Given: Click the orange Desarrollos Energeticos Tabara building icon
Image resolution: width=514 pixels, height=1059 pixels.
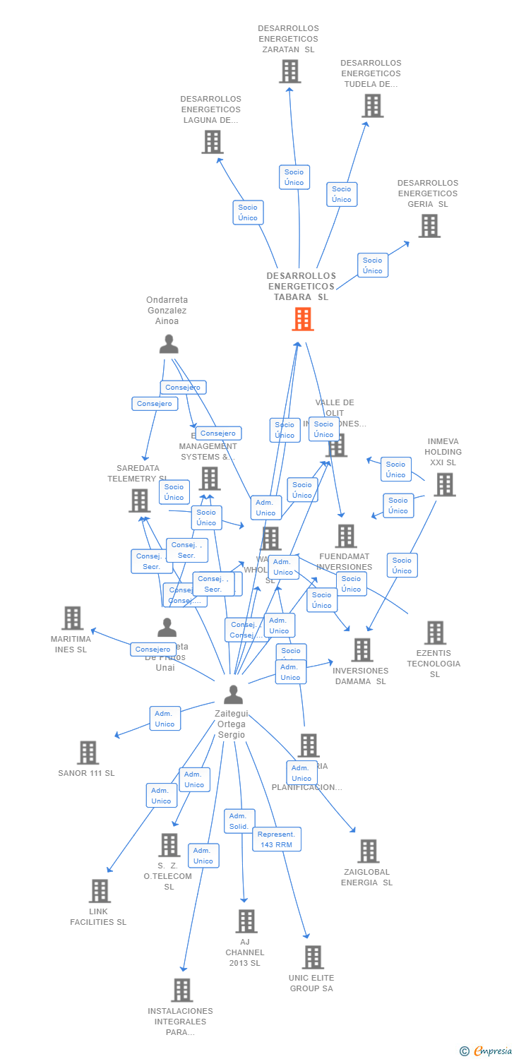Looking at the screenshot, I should (302, 319).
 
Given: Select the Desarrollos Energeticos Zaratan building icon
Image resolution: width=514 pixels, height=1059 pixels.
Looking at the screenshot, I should (289, 71).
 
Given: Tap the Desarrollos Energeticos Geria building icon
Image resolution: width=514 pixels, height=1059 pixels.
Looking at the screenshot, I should (429, 226).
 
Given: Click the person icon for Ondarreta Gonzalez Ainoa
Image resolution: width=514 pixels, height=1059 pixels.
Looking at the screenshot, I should (169, 344).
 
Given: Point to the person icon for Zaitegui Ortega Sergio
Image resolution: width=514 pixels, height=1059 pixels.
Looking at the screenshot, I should (233, 695).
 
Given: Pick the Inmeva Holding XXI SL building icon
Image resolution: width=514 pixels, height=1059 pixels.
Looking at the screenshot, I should (444, 484).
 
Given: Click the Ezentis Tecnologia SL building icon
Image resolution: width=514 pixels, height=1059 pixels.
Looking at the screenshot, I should (435, 633).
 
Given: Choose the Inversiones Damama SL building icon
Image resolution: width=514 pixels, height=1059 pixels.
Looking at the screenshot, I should (361, 650).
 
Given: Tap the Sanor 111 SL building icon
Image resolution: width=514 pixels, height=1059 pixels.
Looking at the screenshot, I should (88, 753).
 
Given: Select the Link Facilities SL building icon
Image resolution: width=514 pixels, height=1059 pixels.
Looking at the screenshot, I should (100, 891).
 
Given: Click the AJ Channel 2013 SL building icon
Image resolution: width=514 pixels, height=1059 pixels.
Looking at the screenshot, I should (246, 921).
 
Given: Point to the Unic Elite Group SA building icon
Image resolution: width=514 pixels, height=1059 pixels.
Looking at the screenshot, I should (312, 957).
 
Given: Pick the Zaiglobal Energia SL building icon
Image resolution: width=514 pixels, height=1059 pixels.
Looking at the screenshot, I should (368, 851).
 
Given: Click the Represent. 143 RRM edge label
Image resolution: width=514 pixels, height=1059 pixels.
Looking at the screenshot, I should (277, 839).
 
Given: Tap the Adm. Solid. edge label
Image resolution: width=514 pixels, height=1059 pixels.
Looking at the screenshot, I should (239, 821).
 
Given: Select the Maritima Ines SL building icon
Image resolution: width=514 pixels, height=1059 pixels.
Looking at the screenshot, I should (72, 618).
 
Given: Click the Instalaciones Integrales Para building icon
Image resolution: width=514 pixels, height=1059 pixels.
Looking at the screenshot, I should (181, 990).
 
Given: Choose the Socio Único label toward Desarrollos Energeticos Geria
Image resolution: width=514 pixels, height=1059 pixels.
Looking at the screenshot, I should (372, 265).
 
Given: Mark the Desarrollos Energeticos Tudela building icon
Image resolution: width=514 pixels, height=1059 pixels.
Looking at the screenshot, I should (372, 106).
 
